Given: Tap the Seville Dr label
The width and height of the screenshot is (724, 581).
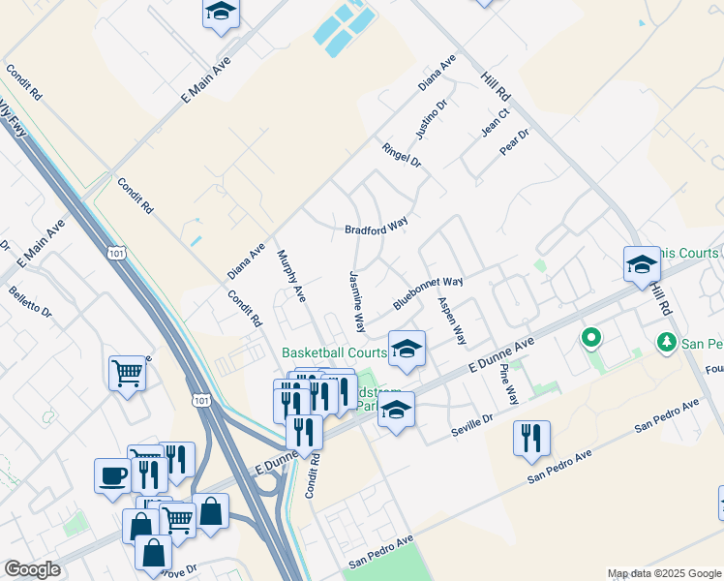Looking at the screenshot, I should [473, 423].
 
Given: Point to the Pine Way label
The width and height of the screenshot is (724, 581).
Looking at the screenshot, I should [508, 384].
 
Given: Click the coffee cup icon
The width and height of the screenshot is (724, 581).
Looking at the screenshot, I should [111, 476].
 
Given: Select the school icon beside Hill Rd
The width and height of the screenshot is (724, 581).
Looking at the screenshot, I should [642, 264].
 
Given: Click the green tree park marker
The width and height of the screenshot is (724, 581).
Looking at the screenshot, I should [666, 342].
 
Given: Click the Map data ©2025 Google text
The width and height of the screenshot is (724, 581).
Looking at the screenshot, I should [664, 573].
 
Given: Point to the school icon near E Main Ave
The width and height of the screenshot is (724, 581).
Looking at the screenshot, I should [221, 14].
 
